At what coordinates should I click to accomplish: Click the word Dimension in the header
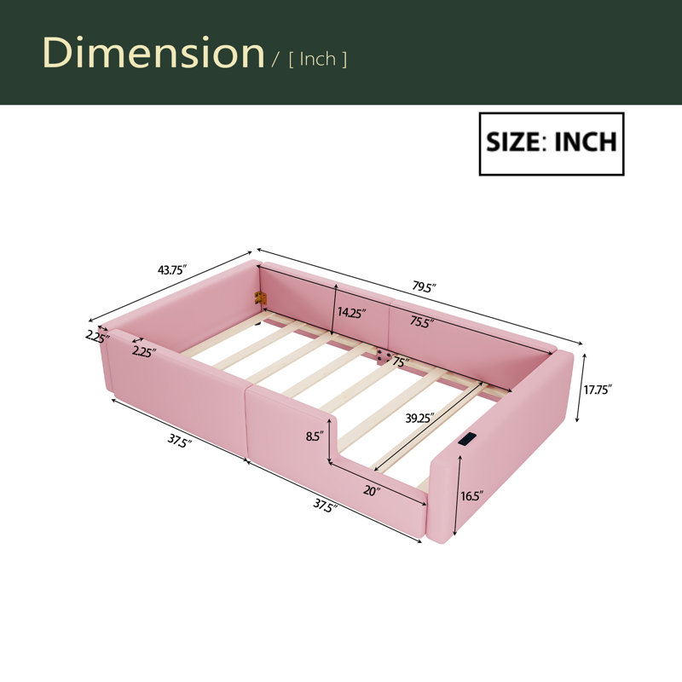click(153, 53)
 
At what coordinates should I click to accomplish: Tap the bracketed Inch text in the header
click(317, 59)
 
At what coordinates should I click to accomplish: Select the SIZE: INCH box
click(552, 144)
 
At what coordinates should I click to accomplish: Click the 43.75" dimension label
click(172, 270)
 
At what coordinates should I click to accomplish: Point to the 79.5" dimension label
click(425, 286)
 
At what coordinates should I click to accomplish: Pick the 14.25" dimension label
click(352, 312)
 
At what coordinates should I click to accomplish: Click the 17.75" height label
click(598, 390)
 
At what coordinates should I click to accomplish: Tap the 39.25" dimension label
click(420, 419)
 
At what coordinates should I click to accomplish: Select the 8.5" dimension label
click(315, 436)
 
